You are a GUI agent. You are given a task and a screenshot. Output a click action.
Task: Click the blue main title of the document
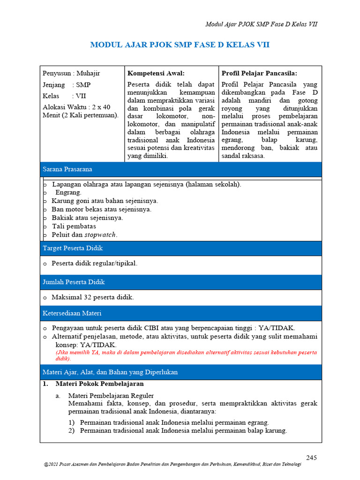pos(180,45)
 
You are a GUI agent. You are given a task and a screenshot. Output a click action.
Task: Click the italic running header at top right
pos(262,24)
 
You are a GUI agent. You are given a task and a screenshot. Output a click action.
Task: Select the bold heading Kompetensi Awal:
pos(156,73)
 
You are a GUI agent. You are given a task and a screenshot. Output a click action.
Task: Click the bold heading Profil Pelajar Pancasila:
pos(259,73)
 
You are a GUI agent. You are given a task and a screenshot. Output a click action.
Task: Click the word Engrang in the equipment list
pos(68,193)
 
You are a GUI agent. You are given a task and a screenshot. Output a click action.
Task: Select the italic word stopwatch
pos(100,235)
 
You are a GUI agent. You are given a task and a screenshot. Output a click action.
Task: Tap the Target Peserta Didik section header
pos(73,248)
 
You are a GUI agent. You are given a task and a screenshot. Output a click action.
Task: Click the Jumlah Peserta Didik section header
pos(74,282)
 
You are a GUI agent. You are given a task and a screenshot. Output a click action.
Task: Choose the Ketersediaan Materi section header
pos(72,313)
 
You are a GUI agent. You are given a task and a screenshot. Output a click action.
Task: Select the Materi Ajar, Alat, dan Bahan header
pos(110,372)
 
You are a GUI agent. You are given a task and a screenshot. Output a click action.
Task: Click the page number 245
pos(312,457)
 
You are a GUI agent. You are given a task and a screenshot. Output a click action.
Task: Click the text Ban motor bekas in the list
pos(73,210)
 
